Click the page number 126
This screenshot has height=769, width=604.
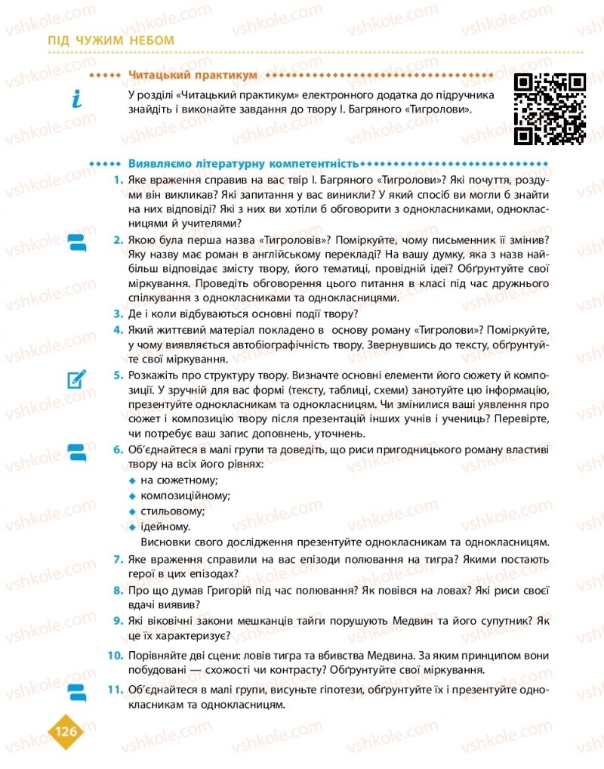[x=67, y=730]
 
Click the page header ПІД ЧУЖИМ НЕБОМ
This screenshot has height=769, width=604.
[x=110, y=40]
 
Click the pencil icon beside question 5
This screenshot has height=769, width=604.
[x=77, y=378]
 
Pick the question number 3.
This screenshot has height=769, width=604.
[x=119, y=313]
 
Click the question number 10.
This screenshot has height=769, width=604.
[x=116, y=654]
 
